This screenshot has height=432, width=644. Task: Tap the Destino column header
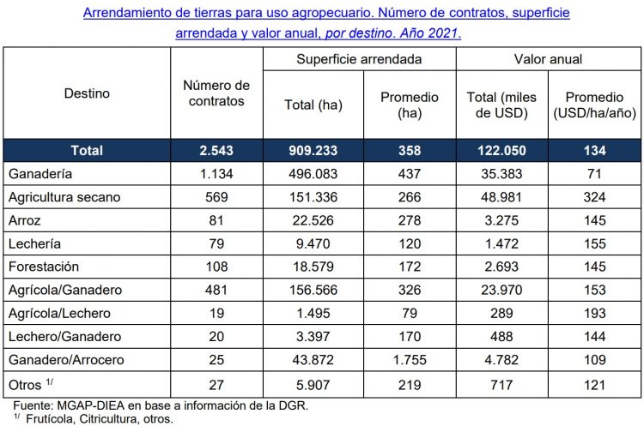click(88, 93)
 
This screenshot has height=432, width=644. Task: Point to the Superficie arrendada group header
click(359, 59)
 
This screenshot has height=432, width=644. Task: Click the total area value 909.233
click(313, 150)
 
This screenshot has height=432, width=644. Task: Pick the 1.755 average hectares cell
click(410, 359)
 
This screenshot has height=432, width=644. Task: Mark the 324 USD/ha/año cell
click(593, 197)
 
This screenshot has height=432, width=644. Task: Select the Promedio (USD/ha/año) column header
click(593, 105)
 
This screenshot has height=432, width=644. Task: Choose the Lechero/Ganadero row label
click(64, 336)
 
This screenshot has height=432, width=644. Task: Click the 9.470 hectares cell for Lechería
click(313, 243)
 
